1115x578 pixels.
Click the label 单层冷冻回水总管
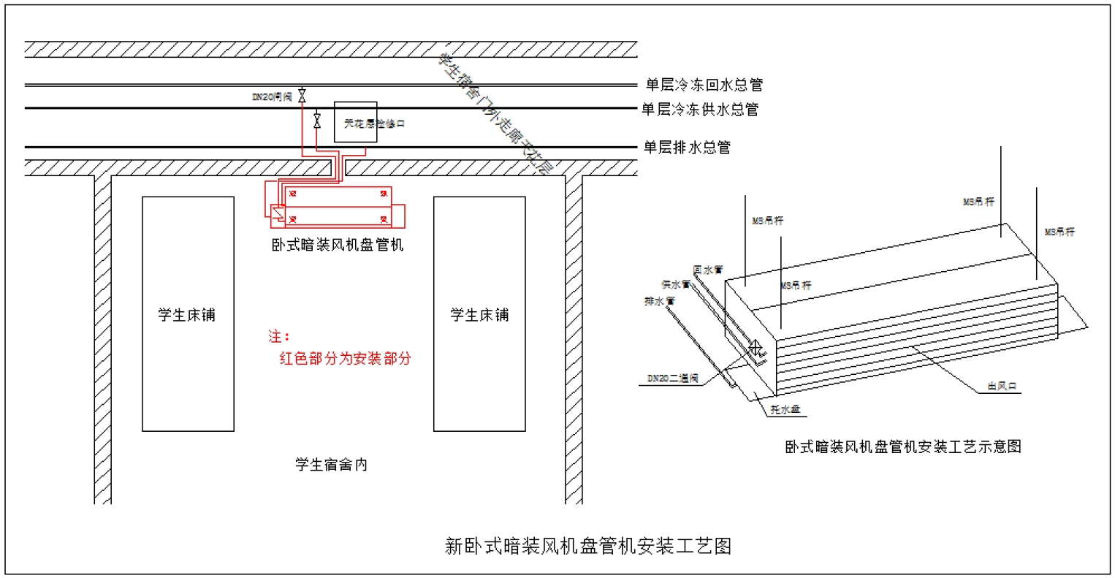tap(704, 85)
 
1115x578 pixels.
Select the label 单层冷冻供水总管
tap(700, 110)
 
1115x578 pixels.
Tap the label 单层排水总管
tap(686, 148)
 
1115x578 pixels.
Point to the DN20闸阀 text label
tap(273, 96)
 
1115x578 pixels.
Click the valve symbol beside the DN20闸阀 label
tap(302, 96)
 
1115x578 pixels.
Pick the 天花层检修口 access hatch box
tap(356, 122)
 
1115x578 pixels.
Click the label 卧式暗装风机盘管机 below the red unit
tap(337, 245)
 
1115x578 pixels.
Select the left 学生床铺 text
tap(187, 315)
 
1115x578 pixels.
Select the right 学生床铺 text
tap(479, 315)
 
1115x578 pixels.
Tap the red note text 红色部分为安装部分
tap(346, 359)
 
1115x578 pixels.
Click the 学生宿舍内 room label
tap(331, 465)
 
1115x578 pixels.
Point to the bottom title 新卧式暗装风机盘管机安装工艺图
tap(588, 546)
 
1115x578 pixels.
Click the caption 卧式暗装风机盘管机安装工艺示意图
tap(903, 446)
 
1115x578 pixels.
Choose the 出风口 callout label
tap(1002, 386)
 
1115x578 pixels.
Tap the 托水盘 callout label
tap(785, 409)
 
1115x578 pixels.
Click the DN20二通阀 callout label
tap(673, 379)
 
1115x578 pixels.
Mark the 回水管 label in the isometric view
tap(708, 270)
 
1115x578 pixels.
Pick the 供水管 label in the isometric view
tap(676, 284)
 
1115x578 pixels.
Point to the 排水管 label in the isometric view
tap(660, 300)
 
